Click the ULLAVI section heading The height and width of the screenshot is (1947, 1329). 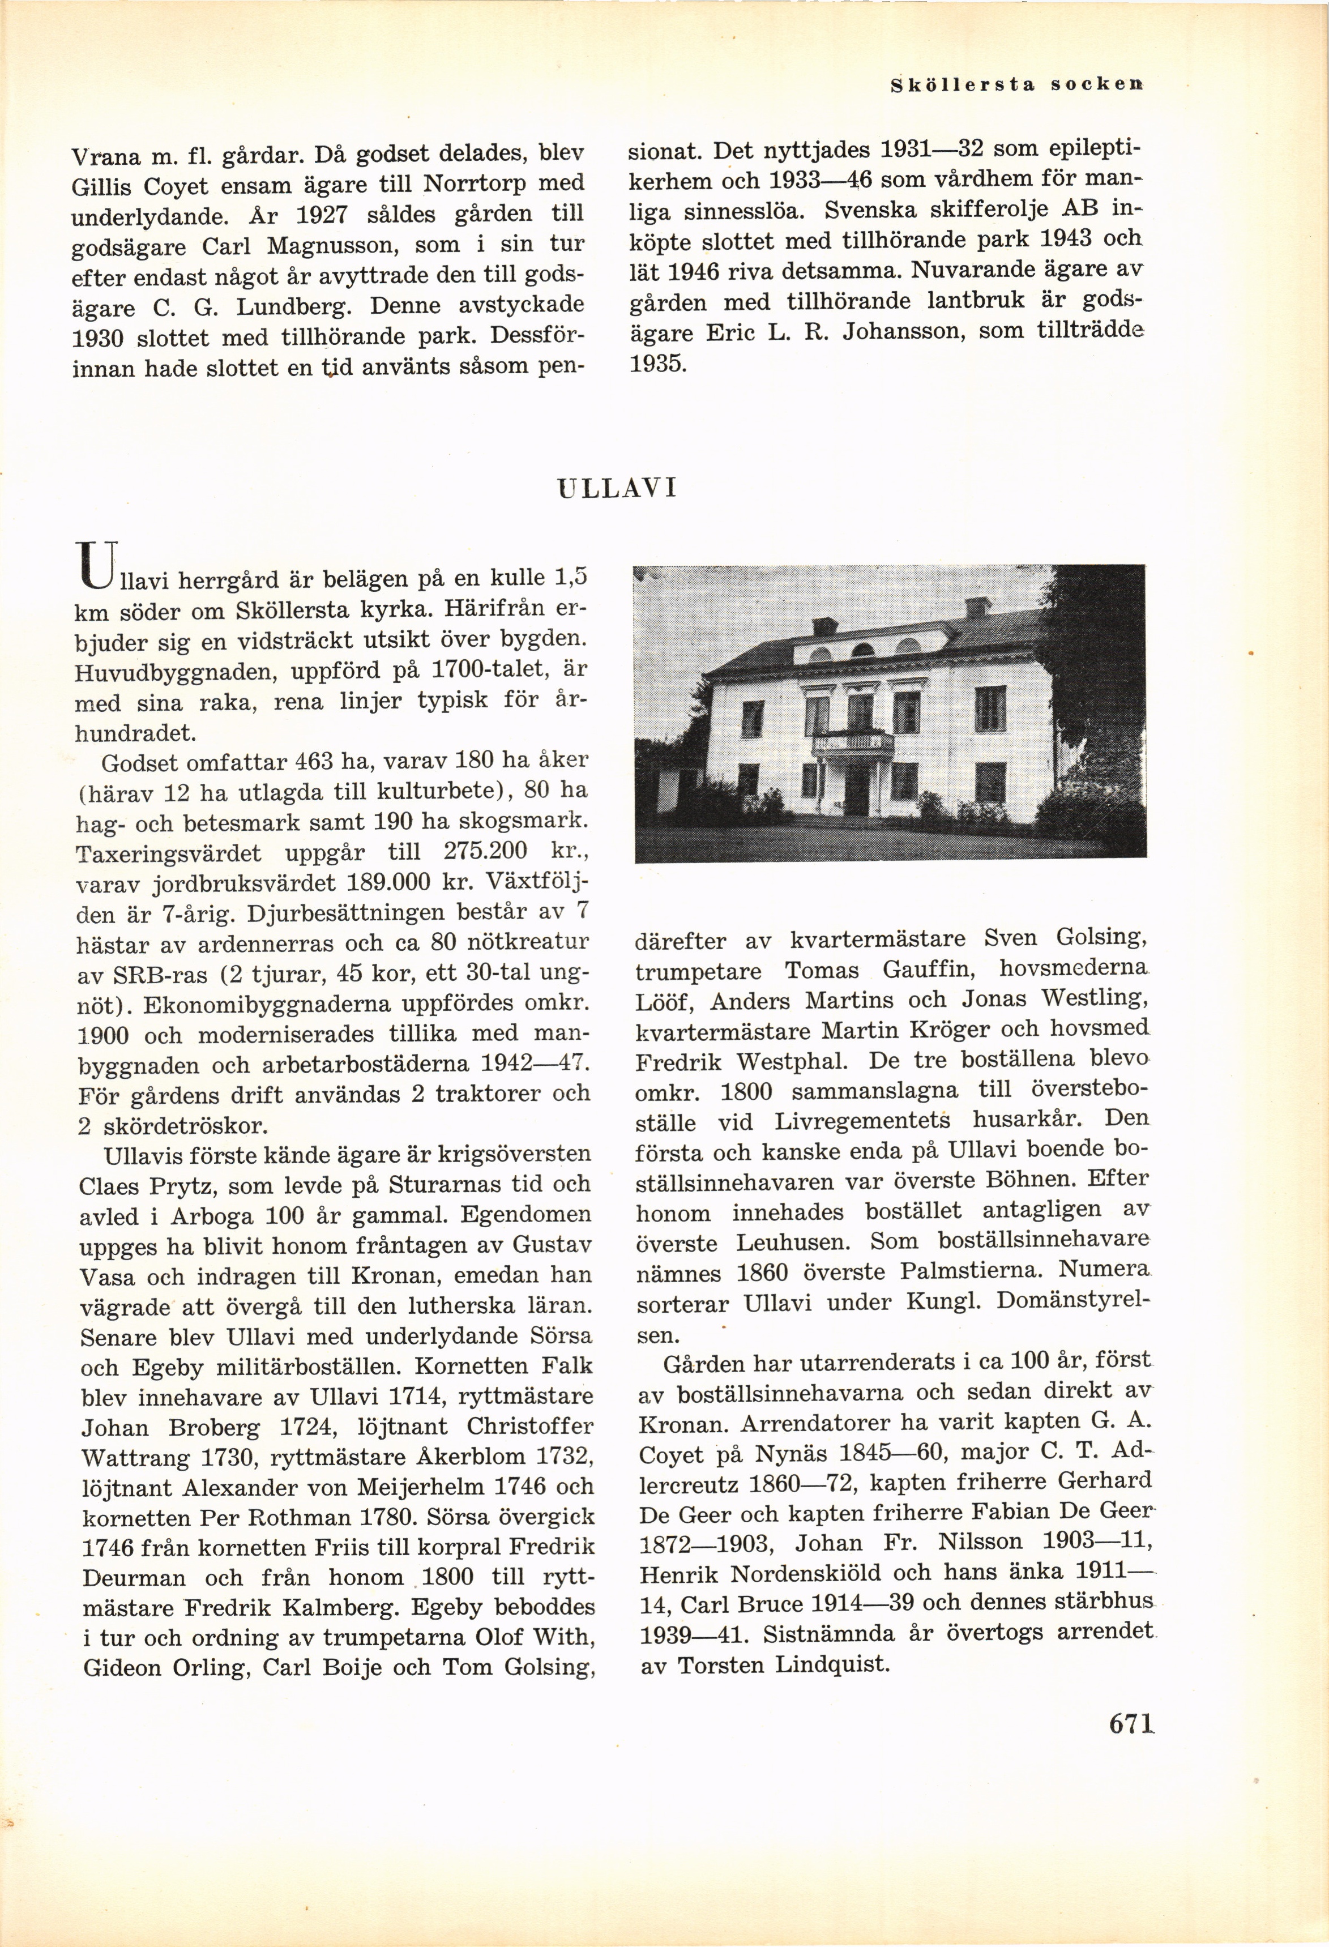617,488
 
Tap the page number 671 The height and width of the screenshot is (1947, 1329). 1131,1723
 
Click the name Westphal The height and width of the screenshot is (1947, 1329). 792,1061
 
